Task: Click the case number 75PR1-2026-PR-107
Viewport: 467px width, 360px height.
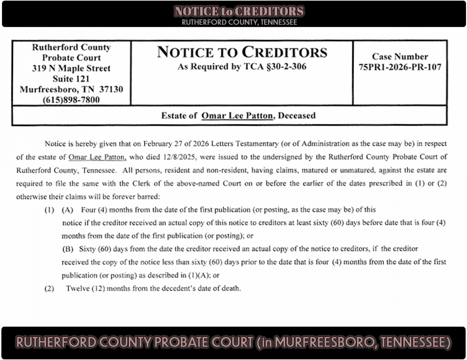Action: pyautogui.click(x=400, y=67)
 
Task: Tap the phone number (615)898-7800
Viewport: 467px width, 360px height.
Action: pyautogui.click(x=71, y=100)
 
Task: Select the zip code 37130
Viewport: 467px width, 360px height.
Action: pyautogui.click(x=111, y=89)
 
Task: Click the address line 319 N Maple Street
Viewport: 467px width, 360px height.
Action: pyautogui.click(x=71, y=68)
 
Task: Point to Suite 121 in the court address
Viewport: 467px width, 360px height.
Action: pyautogui.click(x=71, y=79)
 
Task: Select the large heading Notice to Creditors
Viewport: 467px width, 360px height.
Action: pyautogui.click(x=242, y=52)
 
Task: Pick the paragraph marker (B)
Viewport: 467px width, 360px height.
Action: pyautogui.click(x=67, y=249)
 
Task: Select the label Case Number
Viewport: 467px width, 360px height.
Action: pyautogui.click(x=400, y=57)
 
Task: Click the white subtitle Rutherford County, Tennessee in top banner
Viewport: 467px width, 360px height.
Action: pyautogui.click(x=239, y=22)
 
